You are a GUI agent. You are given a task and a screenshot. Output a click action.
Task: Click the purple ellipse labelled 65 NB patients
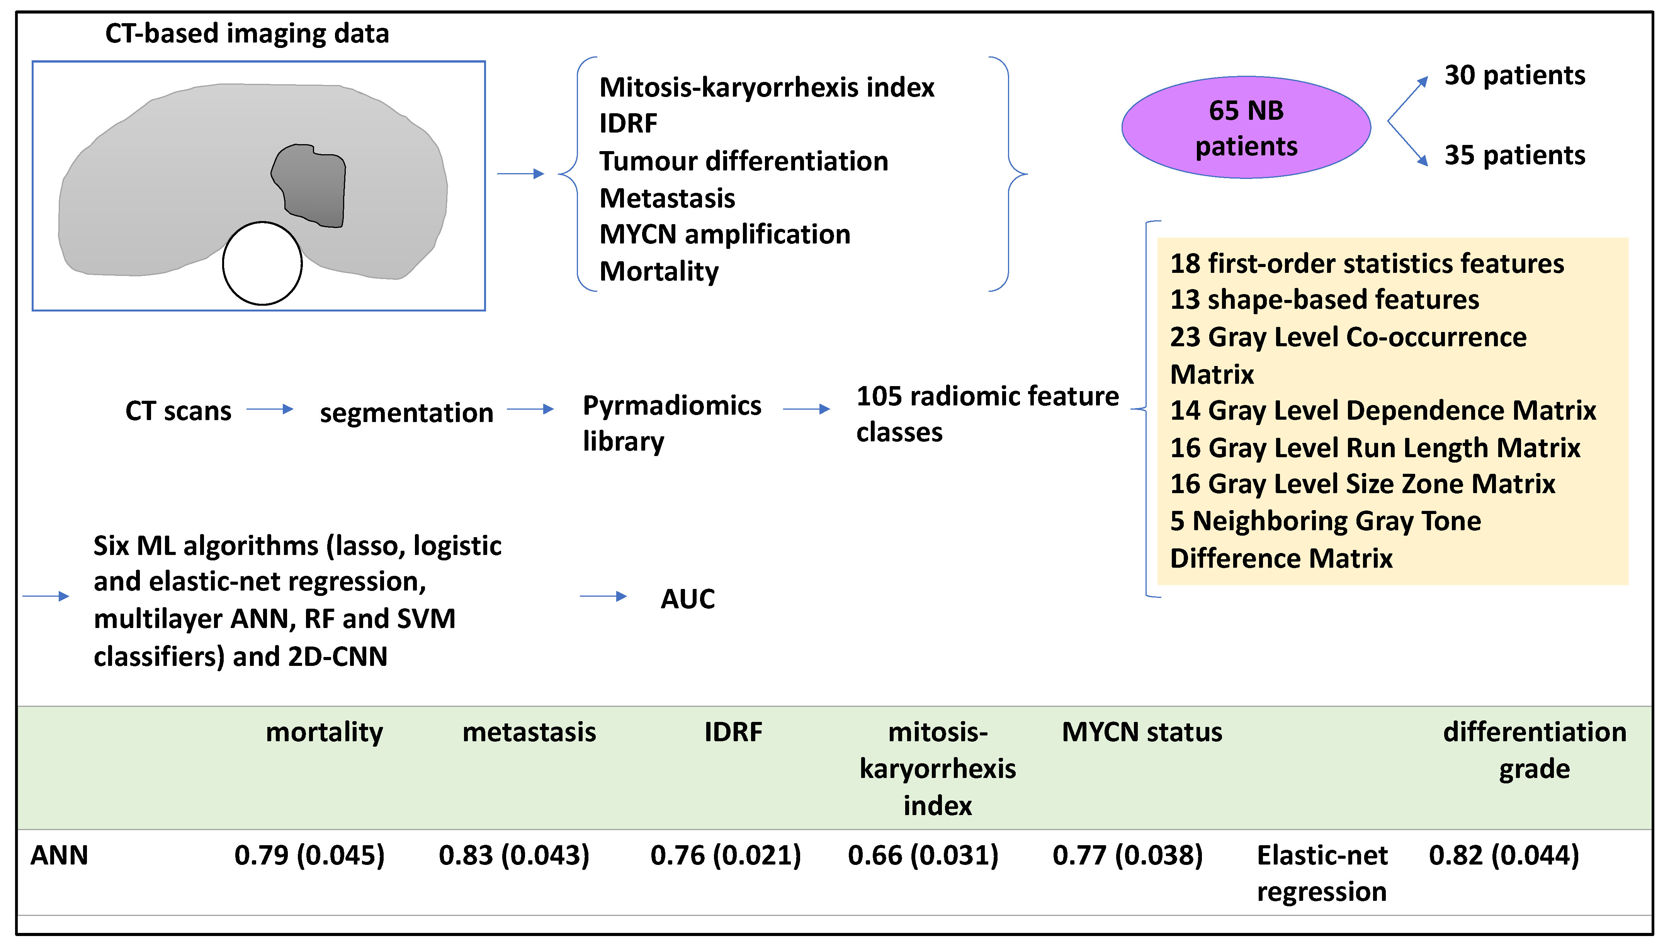click(x=1246, y=128)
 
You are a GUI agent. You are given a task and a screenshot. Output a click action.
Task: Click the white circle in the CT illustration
click(x=262, y=263)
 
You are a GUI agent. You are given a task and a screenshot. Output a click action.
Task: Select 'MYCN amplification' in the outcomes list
click(x=724, y=235)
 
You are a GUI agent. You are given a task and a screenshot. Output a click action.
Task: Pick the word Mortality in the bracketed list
click(x=658, y=272)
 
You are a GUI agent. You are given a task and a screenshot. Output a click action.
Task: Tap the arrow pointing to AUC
click(x=603, y=596)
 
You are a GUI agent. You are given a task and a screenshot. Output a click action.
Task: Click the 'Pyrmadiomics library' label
click(x=671, y=423)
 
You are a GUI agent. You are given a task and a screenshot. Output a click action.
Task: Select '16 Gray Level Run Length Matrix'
click(x=1375, y=448)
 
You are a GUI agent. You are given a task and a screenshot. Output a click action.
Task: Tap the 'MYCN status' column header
click(x=1142, y=732)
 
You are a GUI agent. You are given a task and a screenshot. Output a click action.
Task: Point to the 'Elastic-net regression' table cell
click(x=1322, y=873)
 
